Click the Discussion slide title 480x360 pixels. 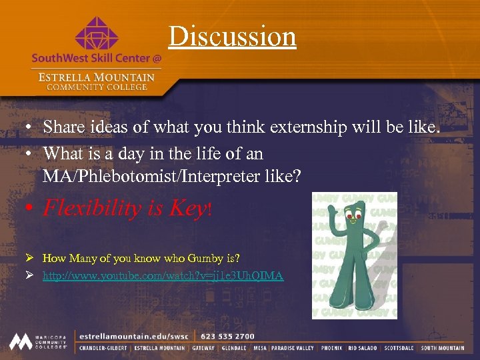click(x=232, y=36)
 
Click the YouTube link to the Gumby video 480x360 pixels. click(x=163, y=275)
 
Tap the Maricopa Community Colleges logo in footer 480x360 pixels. click(x=39, y=341)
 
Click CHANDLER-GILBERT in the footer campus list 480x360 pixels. click(x=103, y=348)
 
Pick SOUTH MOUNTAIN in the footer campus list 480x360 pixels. click(x=443, y=348)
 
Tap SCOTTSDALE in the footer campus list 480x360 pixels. click(x=399, y=348)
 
